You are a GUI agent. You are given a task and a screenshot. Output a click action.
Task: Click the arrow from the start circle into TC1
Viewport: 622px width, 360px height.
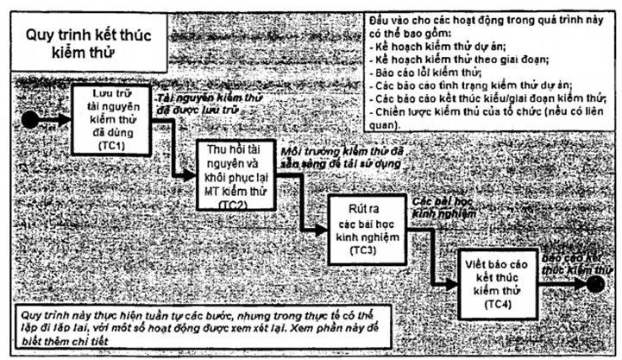[x=52, y=119]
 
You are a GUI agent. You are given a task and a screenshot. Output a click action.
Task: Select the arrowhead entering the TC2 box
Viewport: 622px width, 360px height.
[x=192, y=174]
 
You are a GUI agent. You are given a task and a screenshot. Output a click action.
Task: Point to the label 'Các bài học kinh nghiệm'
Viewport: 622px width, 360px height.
[x=443, y=205]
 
